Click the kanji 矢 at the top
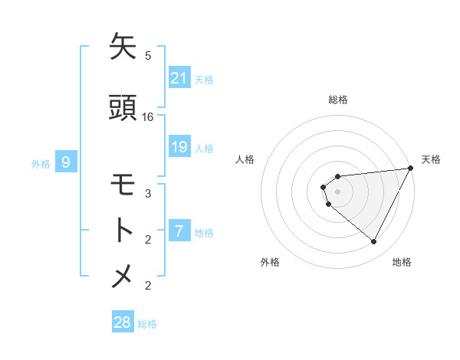coord(123,47)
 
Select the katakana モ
coord(123,186)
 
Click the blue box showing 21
coord(179,77)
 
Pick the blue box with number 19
coord(179,147)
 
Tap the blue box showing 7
coord(179,230)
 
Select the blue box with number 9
coord(66,162)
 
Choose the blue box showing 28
coord(123,322)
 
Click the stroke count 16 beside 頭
coord(148,117)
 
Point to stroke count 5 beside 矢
coord(148,55)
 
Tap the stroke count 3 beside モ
coord(148,194)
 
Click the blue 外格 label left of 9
coord(41,163)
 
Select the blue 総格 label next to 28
coord(148,324)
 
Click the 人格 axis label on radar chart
coord(245,159)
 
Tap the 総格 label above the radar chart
coord(338,100)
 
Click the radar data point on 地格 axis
coord(374,242)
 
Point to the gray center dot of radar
coord(338,191)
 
